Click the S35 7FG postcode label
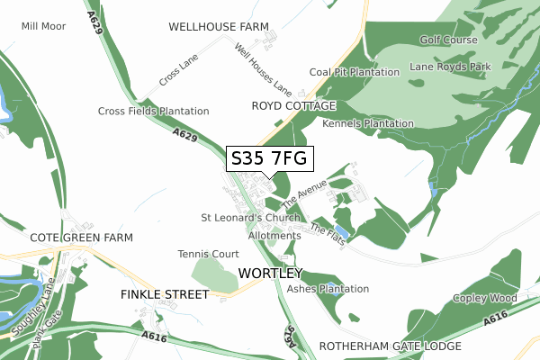click(269, 158)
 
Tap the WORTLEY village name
click(271, 273)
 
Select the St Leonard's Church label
click(250, 218)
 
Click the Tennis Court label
click(208, 254)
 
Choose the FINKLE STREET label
click(164, 294)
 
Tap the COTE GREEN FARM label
click(81, 237)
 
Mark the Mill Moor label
click(43, 26)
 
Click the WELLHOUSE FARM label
click(220, 28)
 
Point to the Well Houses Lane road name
click(263, 70)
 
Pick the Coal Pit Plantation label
click(354, 72)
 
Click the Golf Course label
click(448, 40)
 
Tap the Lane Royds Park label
click(450, 67)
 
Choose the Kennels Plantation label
click(367, 123)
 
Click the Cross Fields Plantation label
click(153, 111)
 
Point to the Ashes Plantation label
click(328, 289)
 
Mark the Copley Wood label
click(485, 298)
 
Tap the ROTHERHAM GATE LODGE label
click(389, 346)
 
